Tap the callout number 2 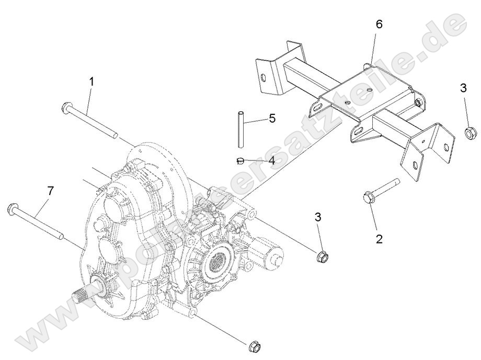pos(380,239)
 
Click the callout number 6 pos(379,24)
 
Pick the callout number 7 pos(51,191)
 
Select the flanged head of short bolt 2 pos(368,198)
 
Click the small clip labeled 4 pos(240,159)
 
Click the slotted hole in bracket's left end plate pos(264,78)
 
